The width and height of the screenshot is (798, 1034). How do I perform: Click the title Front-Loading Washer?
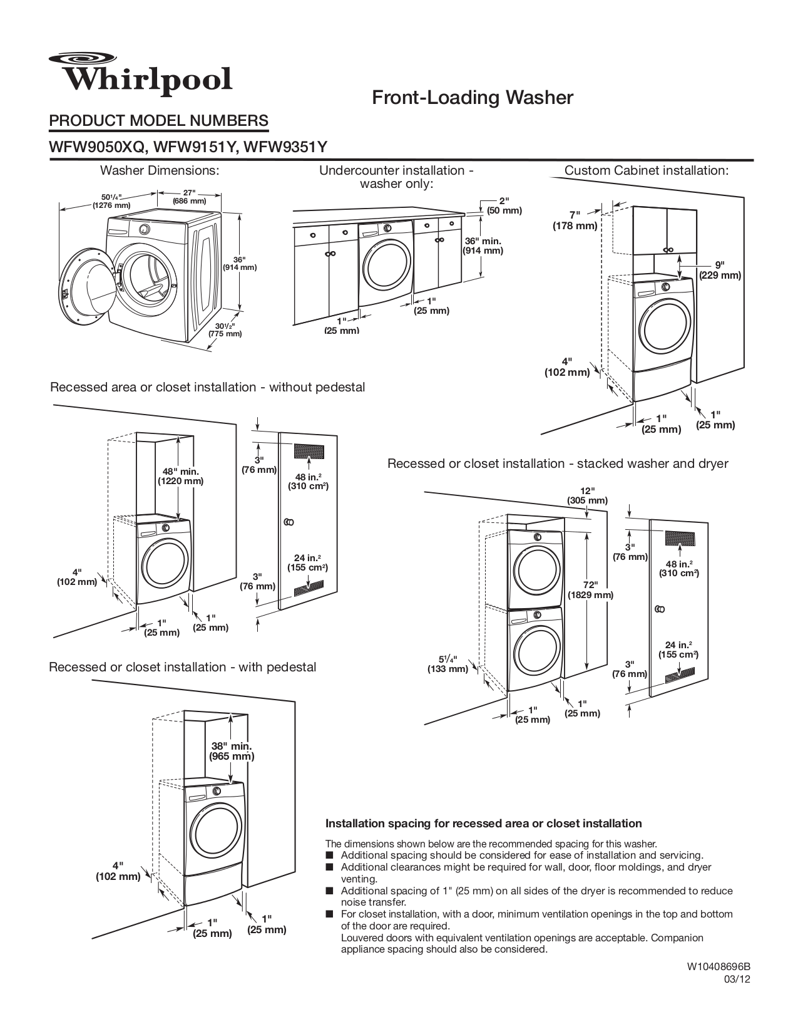[x=473, y=98]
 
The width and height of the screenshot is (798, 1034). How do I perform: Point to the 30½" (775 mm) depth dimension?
[x=225, y=330]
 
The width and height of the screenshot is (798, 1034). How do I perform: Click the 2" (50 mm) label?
[x=504, y=206]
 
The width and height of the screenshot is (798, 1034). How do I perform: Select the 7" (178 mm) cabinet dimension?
[x=574, y=220]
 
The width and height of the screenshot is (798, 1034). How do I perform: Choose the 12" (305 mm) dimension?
[x=587, y=495]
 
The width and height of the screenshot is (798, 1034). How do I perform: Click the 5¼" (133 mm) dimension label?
[x=447, y=664]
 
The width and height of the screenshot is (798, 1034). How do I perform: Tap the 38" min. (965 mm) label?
[x=232, y=751]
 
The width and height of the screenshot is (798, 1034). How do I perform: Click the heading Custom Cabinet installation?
[x=647, y=170]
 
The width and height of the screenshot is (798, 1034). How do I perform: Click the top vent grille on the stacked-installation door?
[x=679, y=538]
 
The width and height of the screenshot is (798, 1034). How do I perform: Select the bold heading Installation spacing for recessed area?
[x=483, y=823]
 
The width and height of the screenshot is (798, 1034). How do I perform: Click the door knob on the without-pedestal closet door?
[x=289, y=522]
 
